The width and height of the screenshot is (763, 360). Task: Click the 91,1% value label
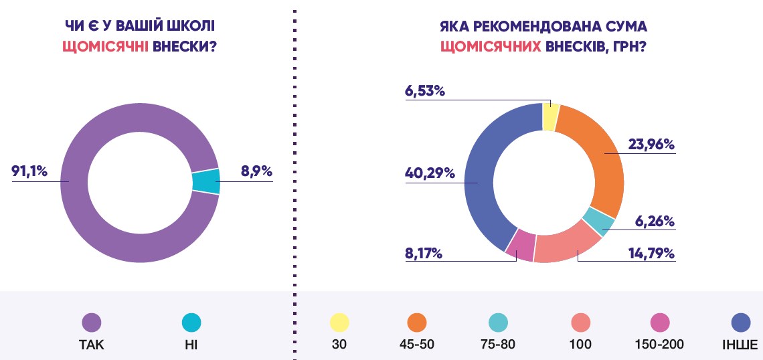29,172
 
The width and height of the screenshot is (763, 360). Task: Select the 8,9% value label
256,172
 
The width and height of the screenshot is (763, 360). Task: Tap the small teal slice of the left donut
206,181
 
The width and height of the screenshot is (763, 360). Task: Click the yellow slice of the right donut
550,117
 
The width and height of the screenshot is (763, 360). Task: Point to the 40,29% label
430,173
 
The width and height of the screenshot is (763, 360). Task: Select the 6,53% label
425,91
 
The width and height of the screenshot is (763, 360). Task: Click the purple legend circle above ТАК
91,323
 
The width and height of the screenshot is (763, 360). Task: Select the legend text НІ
191,345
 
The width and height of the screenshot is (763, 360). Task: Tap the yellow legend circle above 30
339,323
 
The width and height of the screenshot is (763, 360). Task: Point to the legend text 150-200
659,345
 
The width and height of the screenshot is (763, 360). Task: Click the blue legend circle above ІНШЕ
740,323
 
